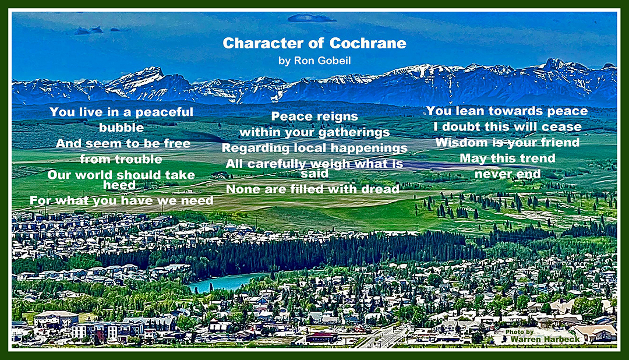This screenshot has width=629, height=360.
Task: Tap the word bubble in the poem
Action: tap(121, 128)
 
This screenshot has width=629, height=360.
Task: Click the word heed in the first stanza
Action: tap(119, 185)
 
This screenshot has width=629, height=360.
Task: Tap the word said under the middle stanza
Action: tap(314, 174)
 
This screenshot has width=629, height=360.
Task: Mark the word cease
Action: tap(561, 127)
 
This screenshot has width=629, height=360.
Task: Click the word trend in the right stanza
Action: tap(536, 158)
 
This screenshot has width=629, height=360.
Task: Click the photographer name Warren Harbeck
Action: tap(545, 340)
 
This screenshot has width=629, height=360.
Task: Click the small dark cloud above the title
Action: tap(311, 18)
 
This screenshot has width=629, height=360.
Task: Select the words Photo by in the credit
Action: tap(520, 332)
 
